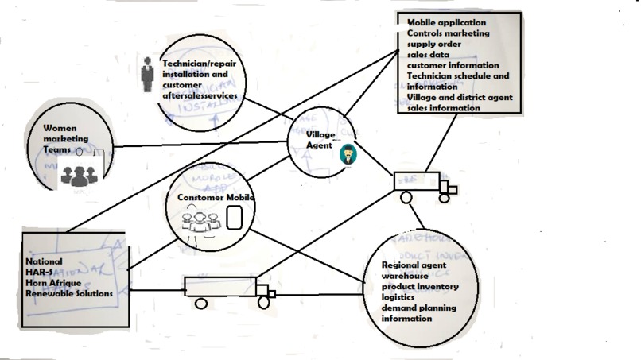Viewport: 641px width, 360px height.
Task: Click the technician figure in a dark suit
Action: tap(147, 75)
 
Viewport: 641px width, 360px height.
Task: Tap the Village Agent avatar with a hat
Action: tap(348, 154)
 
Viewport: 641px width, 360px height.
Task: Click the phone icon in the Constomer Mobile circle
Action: tap(234, 217)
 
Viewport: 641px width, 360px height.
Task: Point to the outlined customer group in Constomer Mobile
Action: tap(200, 220)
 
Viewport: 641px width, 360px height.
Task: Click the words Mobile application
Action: tap(446, 23)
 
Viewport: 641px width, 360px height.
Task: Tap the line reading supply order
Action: tap(434, 45)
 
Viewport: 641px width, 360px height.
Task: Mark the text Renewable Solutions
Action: tap(68, 293)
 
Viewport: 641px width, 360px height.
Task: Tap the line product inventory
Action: tap(419, 286)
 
